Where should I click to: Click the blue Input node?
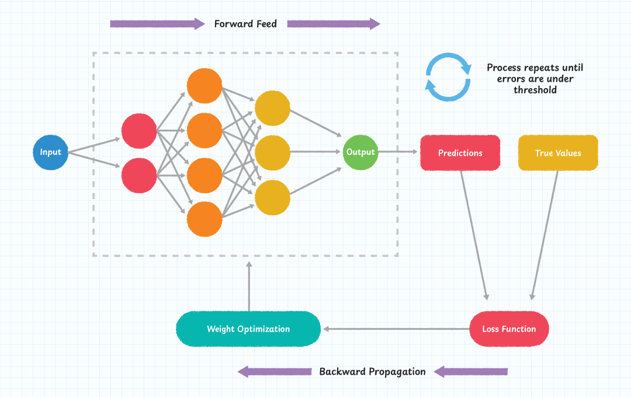(50, 152)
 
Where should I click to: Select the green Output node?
(360, 152)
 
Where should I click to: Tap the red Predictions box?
(460, 153)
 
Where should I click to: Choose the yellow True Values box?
(558, 153)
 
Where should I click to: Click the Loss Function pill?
(509, 329)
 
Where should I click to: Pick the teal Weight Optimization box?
(248, 329)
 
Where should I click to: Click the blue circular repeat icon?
(448, 77)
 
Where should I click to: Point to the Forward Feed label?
(245, 24)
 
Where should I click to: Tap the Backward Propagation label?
(372, 371)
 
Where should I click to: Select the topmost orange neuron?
(204, 86)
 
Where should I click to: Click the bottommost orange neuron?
(204, 219)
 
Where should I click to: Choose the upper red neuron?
(139, 131)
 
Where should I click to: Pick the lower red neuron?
(139, 175)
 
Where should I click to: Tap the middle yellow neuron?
(273, 152)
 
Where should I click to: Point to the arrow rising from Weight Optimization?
(249, 286)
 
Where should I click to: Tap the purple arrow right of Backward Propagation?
(470, 371)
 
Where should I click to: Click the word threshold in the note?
(535, 90)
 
